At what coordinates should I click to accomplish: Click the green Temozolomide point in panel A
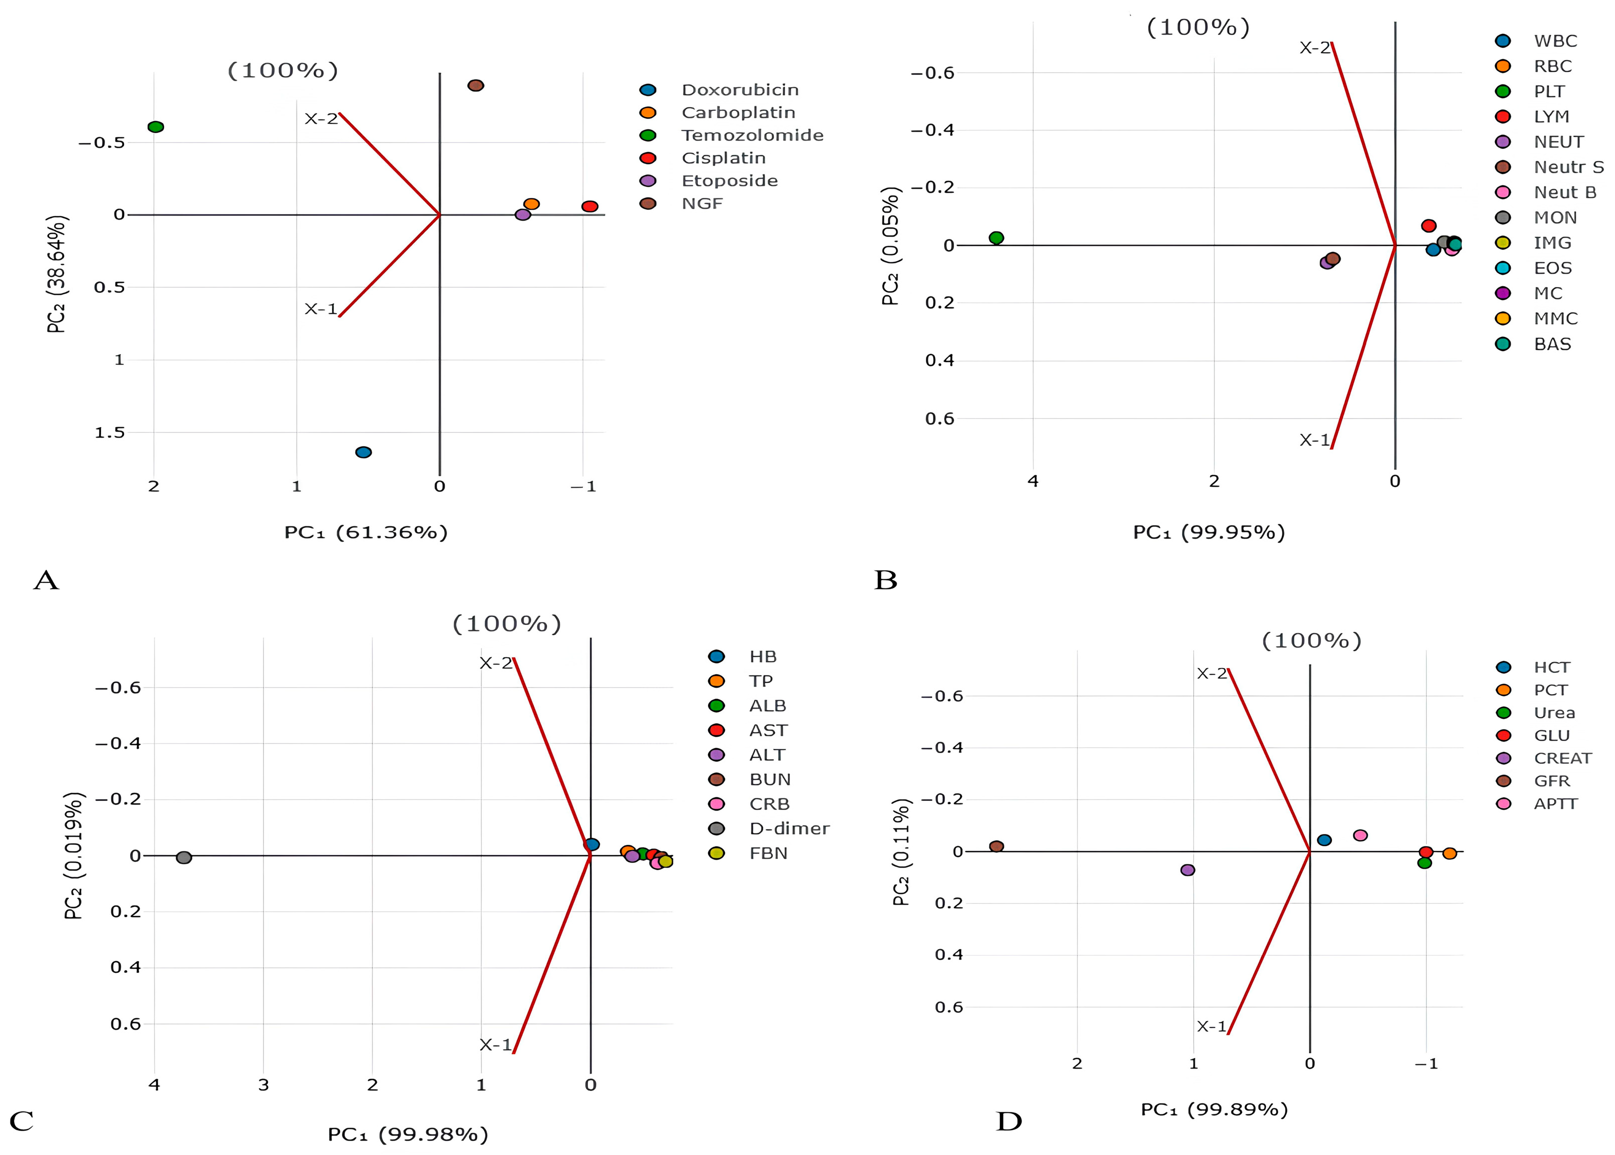pos(155,127)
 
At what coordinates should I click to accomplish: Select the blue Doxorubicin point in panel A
pos(363,452)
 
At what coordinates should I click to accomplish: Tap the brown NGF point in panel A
pos(476,85)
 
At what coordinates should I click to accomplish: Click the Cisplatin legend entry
pos(723,158)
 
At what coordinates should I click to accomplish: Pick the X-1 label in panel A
pos(320,308)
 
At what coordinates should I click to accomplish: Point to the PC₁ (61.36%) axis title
pos(365,532)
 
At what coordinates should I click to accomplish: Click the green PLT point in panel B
pos(996,237)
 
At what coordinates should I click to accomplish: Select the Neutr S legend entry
pos(1568,167)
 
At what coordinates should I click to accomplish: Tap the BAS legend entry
pos(1552,344)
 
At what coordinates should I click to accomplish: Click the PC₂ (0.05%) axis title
pos(891,246)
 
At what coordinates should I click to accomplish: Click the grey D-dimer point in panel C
pos(183,857)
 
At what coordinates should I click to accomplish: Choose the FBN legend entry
pos(768,853)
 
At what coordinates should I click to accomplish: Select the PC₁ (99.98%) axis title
pos(407,1133)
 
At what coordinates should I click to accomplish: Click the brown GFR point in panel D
pos(996,846)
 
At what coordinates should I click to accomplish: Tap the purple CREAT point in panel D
pos(1187,870)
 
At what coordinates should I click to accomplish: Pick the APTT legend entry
pos(1555,803)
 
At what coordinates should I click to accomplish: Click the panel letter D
pos(1008,1121)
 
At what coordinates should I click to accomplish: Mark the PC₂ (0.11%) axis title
pos(901,852)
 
